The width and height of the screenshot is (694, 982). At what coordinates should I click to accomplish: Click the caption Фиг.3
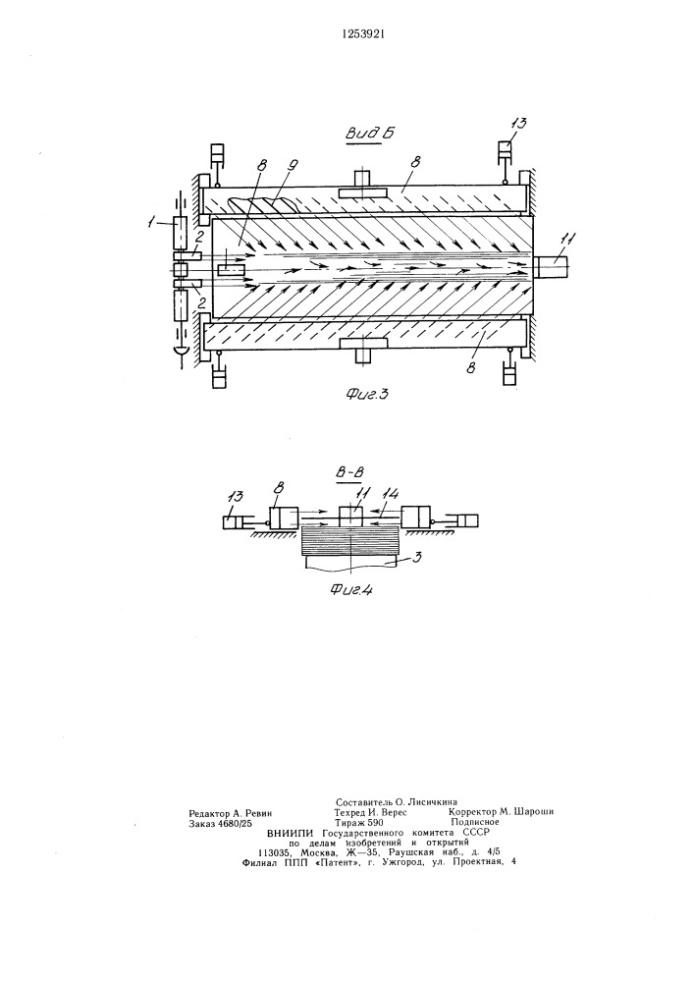point(367,394)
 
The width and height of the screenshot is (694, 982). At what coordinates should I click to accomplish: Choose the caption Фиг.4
point(350,590)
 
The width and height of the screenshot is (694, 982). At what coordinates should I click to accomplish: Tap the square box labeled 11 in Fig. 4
point(351,517)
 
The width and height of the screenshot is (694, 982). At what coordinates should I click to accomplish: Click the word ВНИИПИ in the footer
point(291,833)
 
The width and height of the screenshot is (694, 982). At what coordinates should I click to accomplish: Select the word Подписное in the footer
point(474,822)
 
